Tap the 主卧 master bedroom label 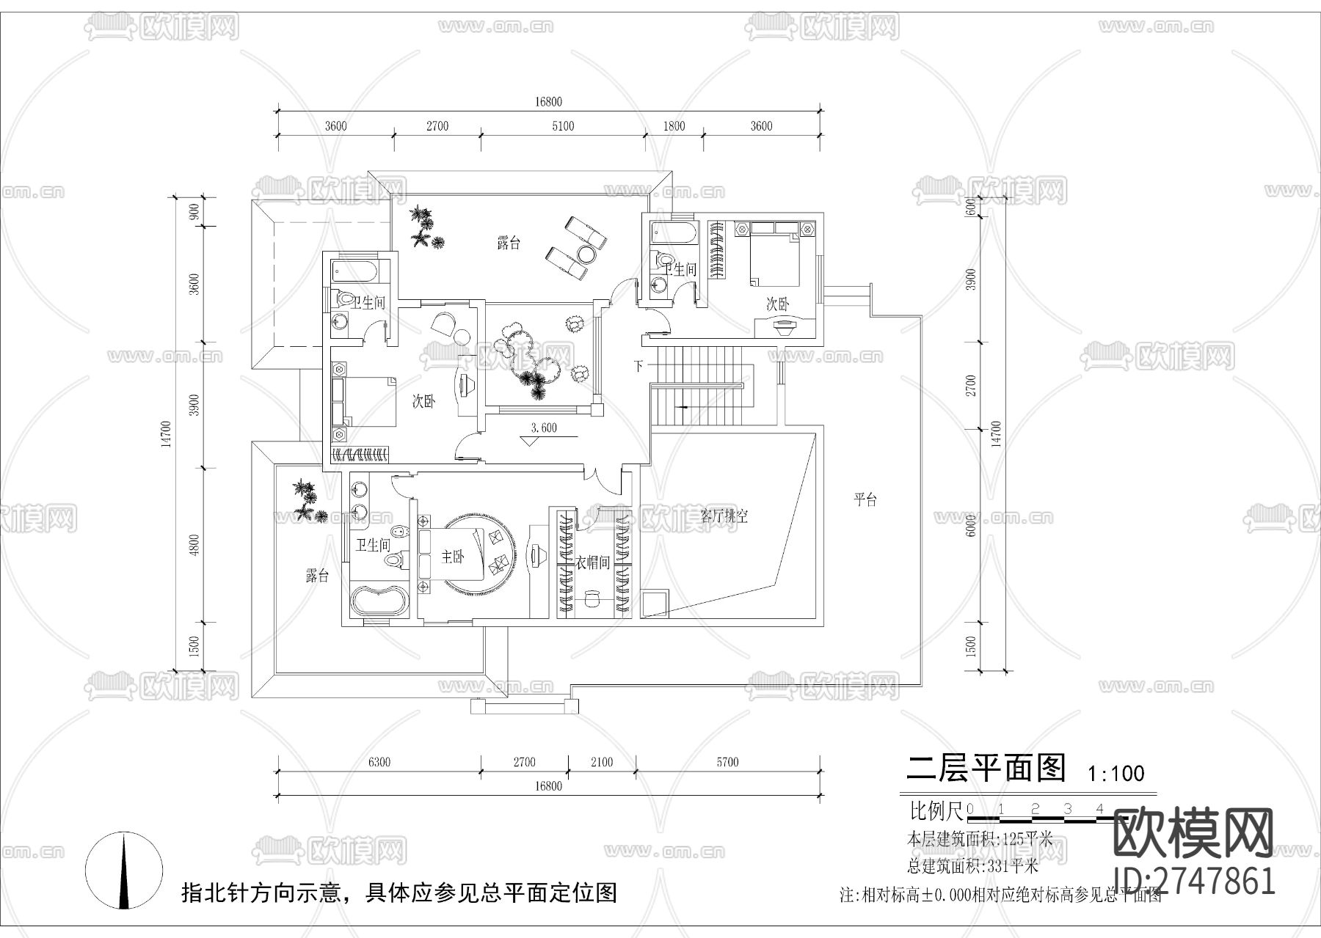453,557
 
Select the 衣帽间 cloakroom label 592,563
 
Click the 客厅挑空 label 724,516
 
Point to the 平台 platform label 866,500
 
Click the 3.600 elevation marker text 543,428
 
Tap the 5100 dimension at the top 562,126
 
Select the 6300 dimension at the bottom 379,762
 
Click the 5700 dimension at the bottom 727,762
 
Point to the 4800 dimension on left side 194,545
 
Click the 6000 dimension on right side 971,526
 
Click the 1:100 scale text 1116,773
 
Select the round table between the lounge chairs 586,254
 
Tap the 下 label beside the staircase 639,364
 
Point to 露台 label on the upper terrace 509,243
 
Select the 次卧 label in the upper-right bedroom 778,304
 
